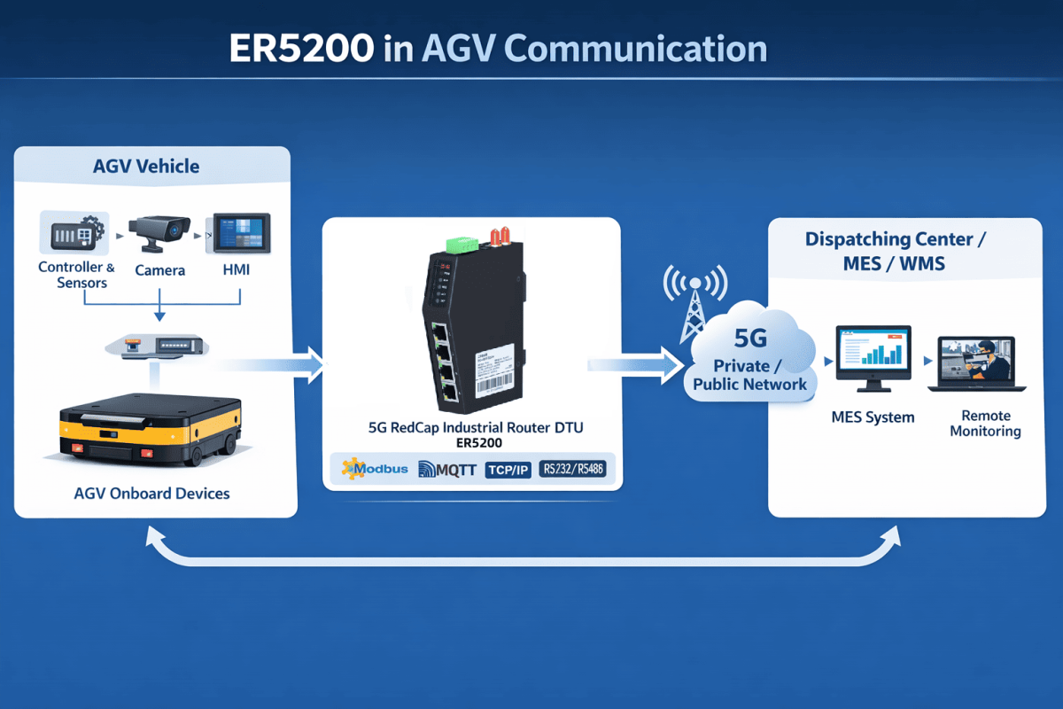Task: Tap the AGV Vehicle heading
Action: click(x=146, y=167)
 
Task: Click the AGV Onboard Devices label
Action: click(x=152, y=494)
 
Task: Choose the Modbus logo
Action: click(x=375, y=468)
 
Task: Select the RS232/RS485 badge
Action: click(x=572, y=468)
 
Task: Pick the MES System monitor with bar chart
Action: click(x=873, y=355)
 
